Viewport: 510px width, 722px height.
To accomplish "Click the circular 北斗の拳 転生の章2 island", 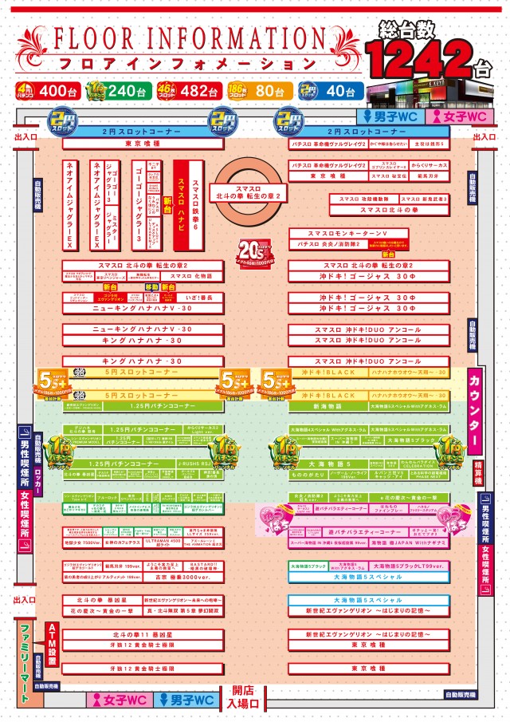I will [248, 191].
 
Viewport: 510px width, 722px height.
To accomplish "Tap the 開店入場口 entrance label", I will [245, 696].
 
